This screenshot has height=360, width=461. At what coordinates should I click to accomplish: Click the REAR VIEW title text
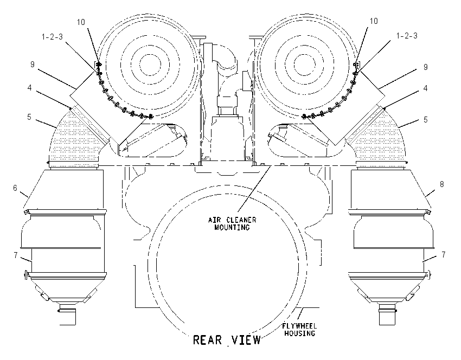[227, 340]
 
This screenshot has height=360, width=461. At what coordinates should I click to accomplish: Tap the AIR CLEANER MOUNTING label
[232, 223]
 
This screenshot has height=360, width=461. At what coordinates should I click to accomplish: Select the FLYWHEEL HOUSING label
[299, 330]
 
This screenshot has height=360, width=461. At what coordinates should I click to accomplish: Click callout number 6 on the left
[15, 188]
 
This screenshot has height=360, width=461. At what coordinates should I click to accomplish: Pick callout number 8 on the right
[441, 184]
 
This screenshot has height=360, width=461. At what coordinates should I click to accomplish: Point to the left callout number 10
[81, 22]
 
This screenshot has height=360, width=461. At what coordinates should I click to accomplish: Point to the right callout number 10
[374, 21]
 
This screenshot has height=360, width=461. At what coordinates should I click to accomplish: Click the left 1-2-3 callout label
[52, 37]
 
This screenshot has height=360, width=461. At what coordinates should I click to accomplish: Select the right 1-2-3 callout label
[407, 36]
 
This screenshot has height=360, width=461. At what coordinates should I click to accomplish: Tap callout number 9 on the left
[33, 65]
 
